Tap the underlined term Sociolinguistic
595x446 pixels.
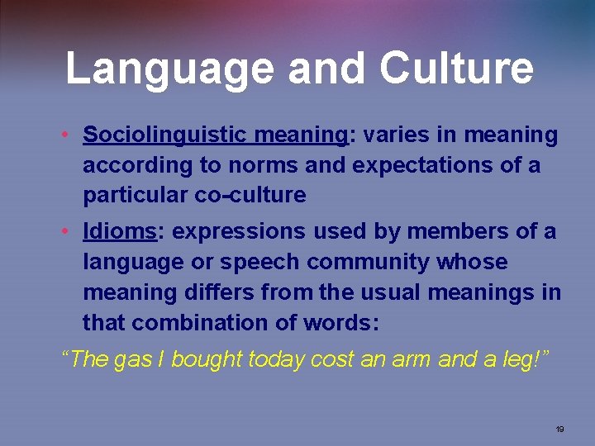[x=168, y=135]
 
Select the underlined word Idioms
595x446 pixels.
[x=120, y=232]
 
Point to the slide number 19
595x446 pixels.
[x=559, y=429]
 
